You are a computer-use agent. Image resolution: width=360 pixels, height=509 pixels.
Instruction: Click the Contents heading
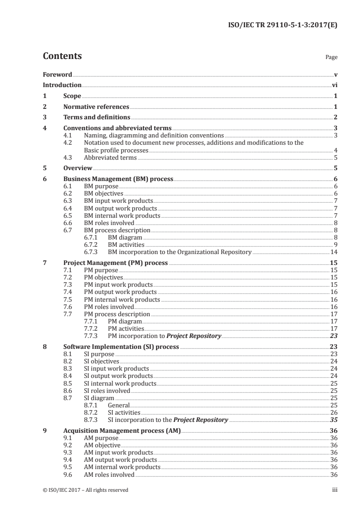[x=62, y=56]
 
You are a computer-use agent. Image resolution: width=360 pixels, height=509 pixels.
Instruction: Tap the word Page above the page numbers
[x=331, y=58]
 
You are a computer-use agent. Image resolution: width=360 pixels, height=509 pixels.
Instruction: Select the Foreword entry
[x=57, y=74]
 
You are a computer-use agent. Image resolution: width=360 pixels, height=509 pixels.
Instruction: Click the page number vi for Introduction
[x=334, y=85]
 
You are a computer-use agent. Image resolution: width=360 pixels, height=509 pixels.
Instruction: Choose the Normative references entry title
[x=96, y=107]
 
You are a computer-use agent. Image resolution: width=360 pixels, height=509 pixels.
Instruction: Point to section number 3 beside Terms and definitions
[x=44, y=118]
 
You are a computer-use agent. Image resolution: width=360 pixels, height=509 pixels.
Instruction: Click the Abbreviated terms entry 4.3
[x=110, y=157]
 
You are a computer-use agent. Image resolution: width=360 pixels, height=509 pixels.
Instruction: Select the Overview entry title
[x=78, y=168]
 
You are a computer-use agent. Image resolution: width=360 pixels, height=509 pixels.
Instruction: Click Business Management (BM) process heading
[x=118, y=179]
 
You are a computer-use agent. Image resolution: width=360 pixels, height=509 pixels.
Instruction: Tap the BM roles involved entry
[x=109, y=223]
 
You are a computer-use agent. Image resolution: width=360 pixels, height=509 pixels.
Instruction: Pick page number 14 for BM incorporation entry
[x=333, y=252]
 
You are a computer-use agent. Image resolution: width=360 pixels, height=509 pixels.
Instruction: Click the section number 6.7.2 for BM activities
[x=92, y=245]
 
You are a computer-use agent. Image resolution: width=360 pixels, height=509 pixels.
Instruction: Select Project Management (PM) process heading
[x=115, y=263]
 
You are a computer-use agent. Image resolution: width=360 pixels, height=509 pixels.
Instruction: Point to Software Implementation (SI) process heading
[x=121, y=347]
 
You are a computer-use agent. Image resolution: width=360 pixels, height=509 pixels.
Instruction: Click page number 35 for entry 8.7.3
[x=333, y=420]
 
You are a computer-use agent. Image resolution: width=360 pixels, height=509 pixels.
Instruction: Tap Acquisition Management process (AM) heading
[x=122, y=431]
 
